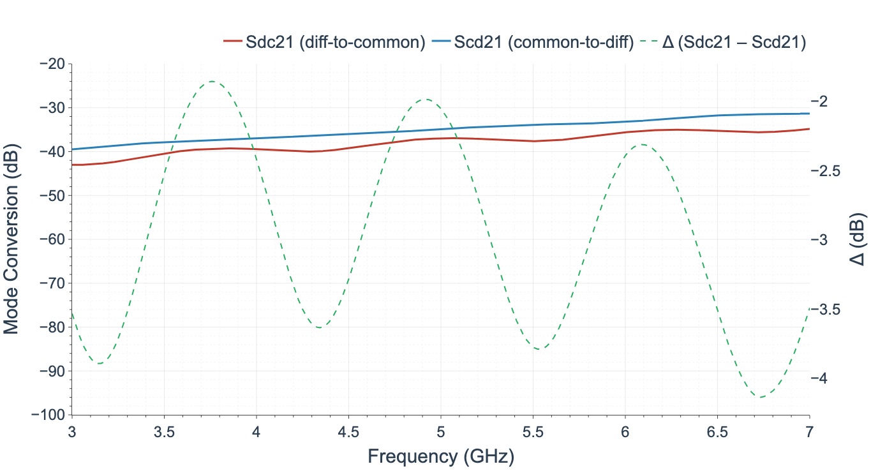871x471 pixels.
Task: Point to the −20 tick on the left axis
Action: pyautogui.click(x=52, y=64)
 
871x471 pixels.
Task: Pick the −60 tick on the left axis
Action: pyautogui.click(x=52, y=239)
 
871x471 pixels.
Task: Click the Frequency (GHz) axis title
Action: pyautogui.click(x=440, y=456)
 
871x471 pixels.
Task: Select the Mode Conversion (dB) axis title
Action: pyautogui.click(x=11, y=239)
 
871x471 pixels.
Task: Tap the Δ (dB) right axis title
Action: pyautogui.click(x=858, y=239)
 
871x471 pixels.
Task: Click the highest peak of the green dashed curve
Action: pyautogui.click(x=211, y=81)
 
